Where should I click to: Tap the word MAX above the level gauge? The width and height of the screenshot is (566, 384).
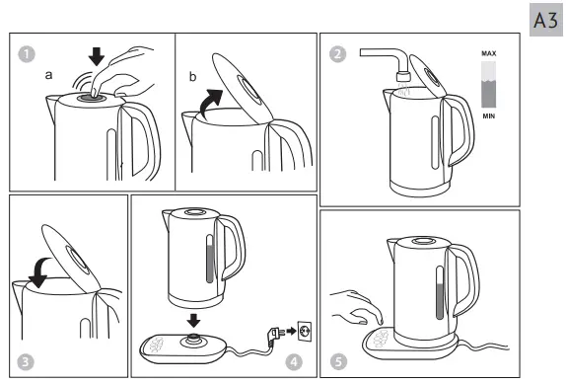click(488, 50)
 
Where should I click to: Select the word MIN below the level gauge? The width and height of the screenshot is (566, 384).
click(488, 115)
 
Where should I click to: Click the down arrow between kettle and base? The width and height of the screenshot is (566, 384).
click(194, 320)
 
